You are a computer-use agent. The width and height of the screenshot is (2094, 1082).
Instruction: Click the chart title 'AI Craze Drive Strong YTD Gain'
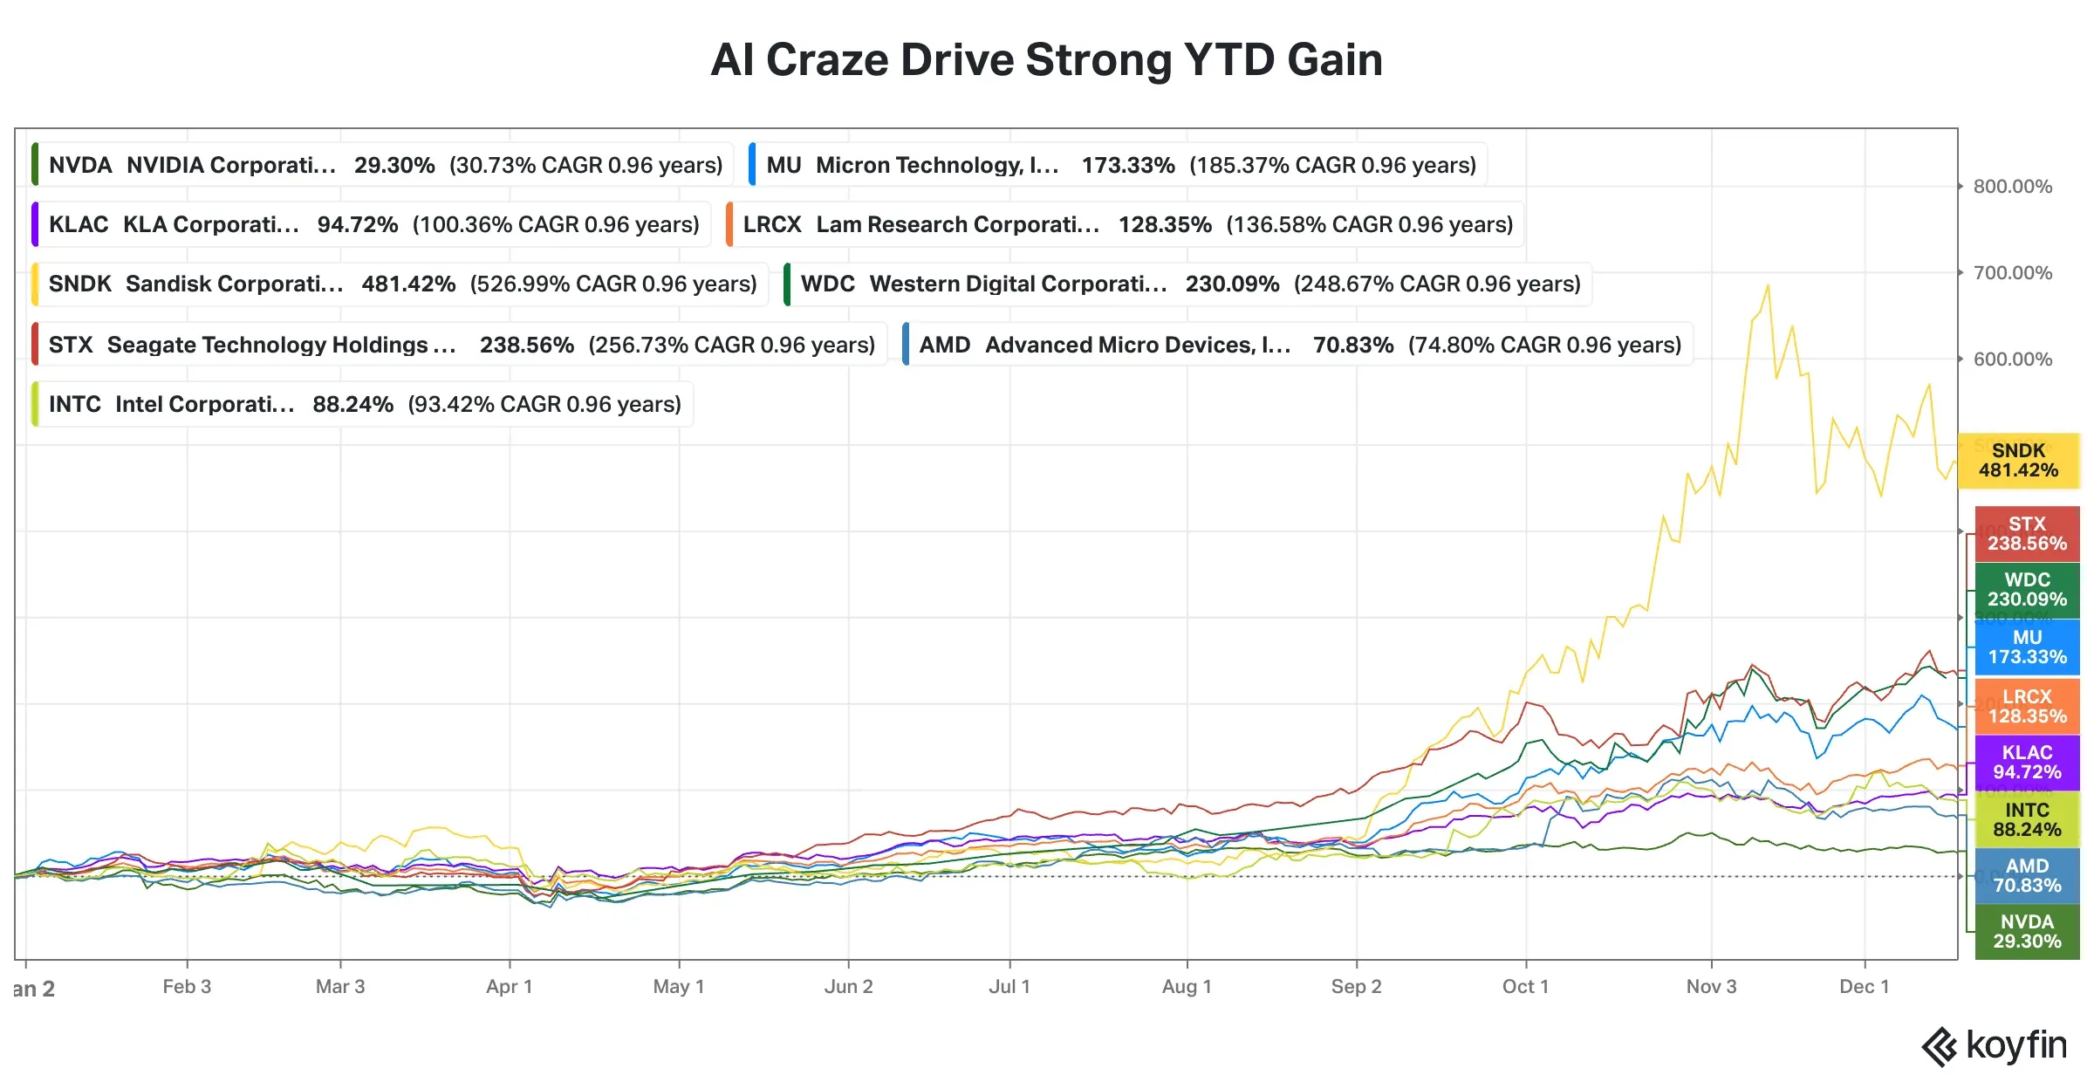(1046, 60)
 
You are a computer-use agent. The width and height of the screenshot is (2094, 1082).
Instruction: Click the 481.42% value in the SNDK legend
(408, 284)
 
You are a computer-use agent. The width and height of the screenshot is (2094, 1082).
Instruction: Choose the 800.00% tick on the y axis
(2012, 187)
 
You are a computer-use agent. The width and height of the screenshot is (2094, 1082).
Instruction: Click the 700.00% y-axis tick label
(2012, 273)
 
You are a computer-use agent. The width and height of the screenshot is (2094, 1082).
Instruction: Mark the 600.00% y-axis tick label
(2012, 360)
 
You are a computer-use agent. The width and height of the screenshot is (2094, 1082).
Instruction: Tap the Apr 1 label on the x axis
(509, 987)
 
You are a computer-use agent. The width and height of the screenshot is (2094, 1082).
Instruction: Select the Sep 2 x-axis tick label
(1356, 987)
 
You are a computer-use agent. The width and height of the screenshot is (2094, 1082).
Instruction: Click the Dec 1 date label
(1864, 987)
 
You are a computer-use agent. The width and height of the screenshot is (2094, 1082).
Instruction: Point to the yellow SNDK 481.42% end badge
(2018, 461)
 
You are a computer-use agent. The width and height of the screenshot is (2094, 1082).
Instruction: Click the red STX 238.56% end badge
(2027, 534)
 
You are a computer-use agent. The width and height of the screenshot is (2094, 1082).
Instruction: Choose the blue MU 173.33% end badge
(2027, 647)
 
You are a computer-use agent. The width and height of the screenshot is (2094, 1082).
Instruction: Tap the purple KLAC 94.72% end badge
(2027, 763)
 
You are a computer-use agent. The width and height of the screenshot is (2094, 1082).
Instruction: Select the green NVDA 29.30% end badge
(2027, 932)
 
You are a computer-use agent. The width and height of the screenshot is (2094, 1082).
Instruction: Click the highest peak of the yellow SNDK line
(1768, 285)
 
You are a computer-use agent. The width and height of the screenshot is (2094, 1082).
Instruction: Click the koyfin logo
(1995, 1045)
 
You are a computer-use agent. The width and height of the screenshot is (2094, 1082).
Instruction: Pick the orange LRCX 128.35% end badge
(2027, 707)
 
